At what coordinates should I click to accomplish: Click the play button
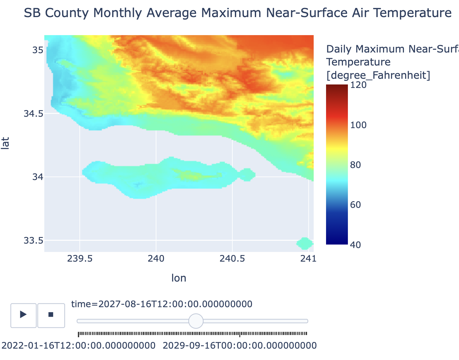pyautogui.click(x=23, y=315)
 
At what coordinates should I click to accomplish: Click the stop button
pyautogui.click(x=51, y=315)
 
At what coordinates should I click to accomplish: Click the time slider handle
pyautogui.click(x=196, y=321)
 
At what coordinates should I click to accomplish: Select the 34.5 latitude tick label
pyautogui.click(x=33, y=114)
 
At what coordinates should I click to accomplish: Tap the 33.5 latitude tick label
pyautogui.click(x=33, y=240)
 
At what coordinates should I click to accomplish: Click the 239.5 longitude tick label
pyautogui.click(x=80, y=259)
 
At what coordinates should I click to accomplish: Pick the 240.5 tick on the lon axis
pyautogui.click(x=232, y=259)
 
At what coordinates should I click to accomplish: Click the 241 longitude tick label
pyautogui.click(x=308, y=259)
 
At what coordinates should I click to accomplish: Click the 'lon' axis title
pyautogui.click(x=179, y=278)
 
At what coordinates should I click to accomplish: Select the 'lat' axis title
pyautogui.click(x=5, y=143)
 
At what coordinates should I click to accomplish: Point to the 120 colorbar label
pyautogui.click(x=358, y=85)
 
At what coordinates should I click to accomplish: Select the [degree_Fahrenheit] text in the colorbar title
pyautogui.click(x=378, y=76)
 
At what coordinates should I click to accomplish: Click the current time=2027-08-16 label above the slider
pyautogui.click(x=161, y=304)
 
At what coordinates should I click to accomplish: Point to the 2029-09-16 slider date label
pyautogui.click(x=240, y=345)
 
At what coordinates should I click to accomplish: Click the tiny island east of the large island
pyautogui.click(x=247, y=175)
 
